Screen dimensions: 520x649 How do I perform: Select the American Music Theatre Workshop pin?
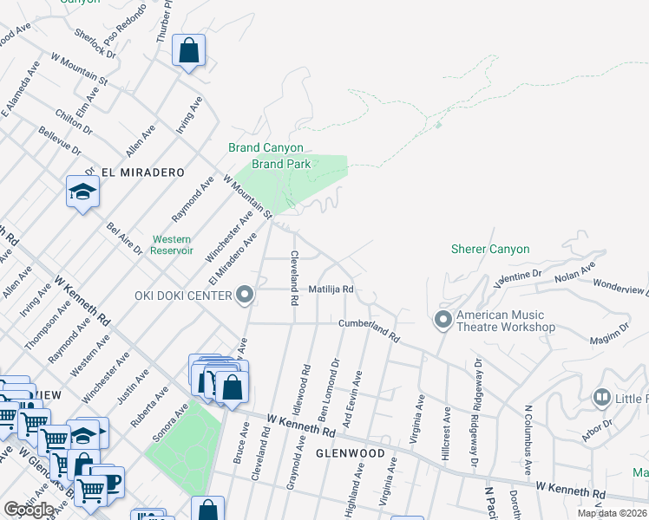pyautogui.click(x=443, y=321)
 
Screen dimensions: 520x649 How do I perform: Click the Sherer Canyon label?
pyautogui.click(x=489, y=249)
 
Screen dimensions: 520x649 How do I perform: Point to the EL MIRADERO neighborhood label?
pyautogui.click(x=143, y=172)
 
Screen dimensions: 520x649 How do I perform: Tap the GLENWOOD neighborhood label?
pyautogui.click(x=350, y=453)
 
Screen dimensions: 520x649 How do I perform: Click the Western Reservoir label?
pyautogui.click(x=172, y=245)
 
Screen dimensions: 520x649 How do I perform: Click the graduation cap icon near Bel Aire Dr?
pyautogui.click(x=82, y=192)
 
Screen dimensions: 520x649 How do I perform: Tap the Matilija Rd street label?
pyautogui.click(x=331, y=289)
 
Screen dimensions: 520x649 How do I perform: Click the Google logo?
pyautogui.click(x=29, y=510)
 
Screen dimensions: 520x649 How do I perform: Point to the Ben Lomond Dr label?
pyautogui.click(x=336, y=373)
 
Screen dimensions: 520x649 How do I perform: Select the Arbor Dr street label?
pyautogui.click(x=598, y=431)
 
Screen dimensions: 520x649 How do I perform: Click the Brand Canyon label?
pyautogui.click(x=260, y=147)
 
